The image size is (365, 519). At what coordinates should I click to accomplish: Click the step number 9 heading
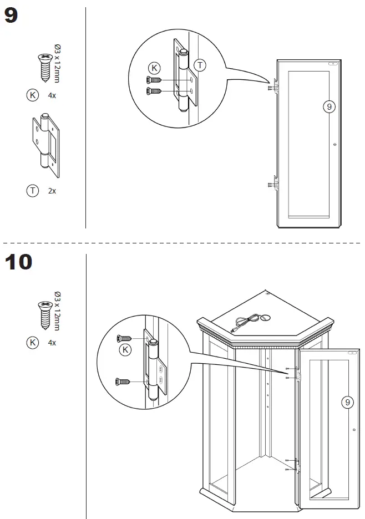12,17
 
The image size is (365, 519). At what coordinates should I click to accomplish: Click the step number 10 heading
19,262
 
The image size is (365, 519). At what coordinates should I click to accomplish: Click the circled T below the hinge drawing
33,190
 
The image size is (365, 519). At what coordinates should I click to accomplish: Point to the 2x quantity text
52,190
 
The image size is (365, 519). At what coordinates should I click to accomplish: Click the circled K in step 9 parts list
33,95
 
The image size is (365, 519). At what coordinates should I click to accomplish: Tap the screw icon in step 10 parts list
44,313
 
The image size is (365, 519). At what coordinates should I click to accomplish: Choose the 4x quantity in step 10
52,343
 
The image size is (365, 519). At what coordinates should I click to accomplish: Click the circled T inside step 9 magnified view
200,65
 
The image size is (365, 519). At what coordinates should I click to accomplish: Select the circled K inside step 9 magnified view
155,68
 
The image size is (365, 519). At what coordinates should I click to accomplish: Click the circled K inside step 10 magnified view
126,349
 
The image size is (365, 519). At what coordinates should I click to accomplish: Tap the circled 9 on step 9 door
329,106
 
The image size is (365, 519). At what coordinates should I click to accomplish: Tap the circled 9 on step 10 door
347,403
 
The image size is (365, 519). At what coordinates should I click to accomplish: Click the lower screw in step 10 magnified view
123,381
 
